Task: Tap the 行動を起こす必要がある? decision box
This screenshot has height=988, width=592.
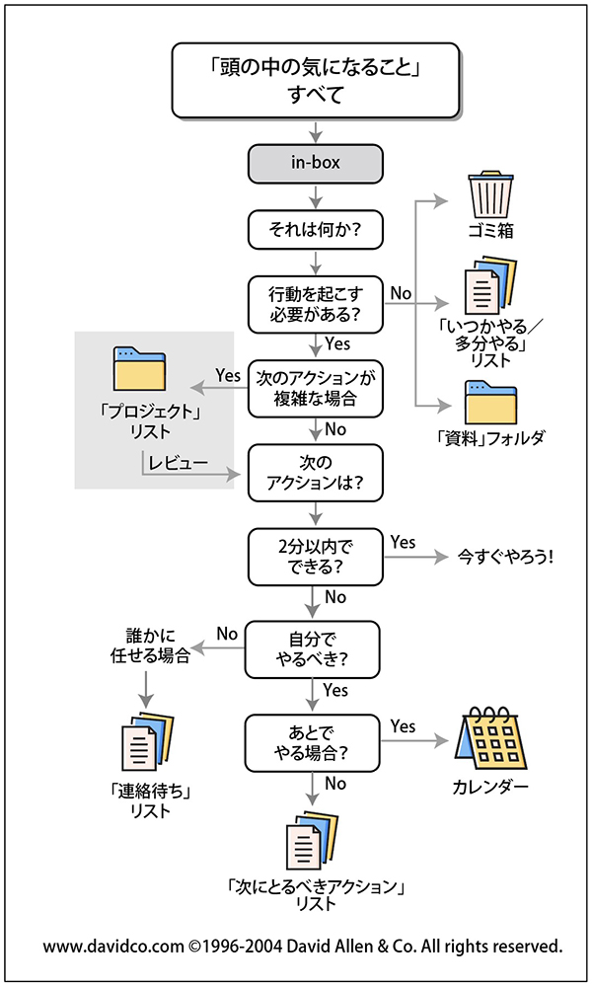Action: pos(315,303)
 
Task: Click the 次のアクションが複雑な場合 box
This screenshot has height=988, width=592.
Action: pos(315,388)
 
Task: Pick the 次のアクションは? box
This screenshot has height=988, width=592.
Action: pos(315,472)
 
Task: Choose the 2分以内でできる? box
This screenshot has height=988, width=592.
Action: pos(315,557)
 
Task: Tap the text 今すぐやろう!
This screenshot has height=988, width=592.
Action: pos(506,557)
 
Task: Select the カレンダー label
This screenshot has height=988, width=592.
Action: pos(490,788)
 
